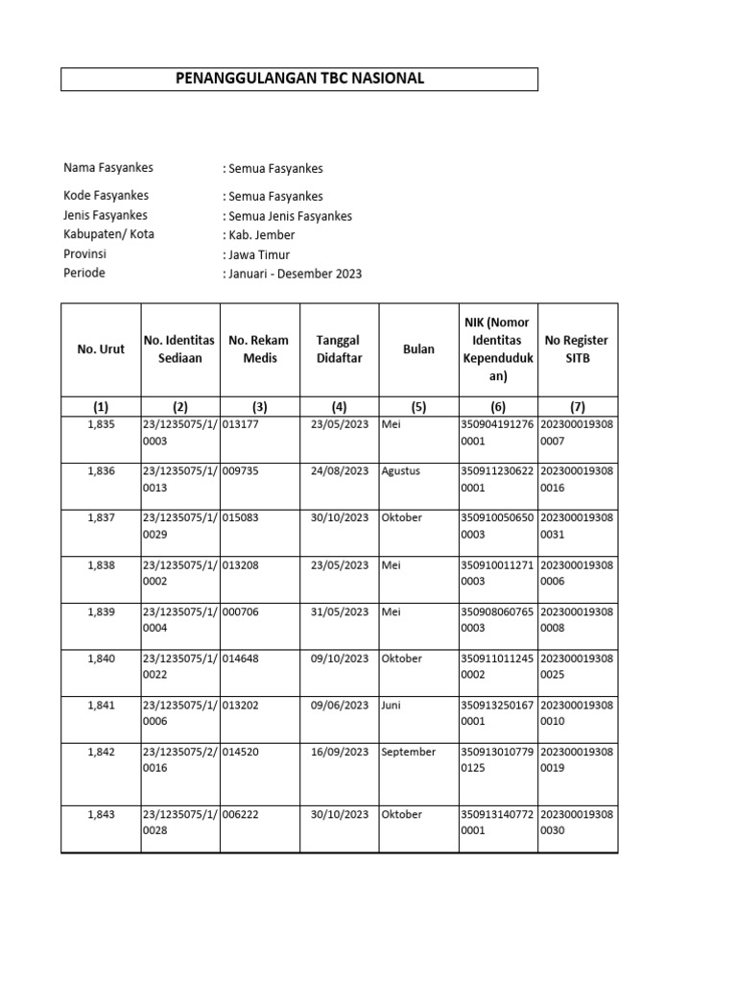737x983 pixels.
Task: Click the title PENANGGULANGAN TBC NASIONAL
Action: [299, 79]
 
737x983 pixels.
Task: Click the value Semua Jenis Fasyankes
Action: [287, 216]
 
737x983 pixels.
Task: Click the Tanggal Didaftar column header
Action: [340, 349]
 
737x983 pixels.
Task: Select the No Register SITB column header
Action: [577, 349]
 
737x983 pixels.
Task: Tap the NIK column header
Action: [498, 349]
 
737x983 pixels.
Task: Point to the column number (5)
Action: [419, 406]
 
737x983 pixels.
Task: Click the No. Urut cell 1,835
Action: [101, 424]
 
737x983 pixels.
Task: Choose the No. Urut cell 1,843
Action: [101, 814]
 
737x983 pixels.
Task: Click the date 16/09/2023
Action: [340, 752]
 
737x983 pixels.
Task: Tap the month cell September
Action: [408, 752]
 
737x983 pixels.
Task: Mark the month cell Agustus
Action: [401, 471]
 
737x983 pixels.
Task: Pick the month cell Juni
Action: [392, 705]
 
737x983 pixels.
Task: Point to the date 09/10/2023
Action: [340, 659]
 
